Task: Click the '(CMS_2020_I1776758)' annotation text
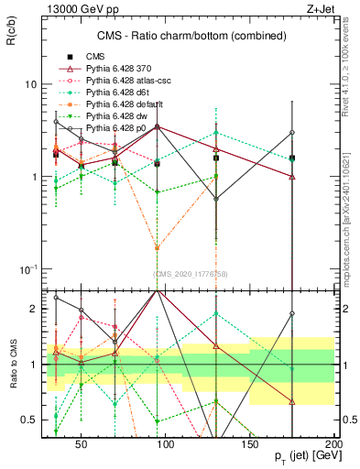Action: (x=190, y=274)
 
